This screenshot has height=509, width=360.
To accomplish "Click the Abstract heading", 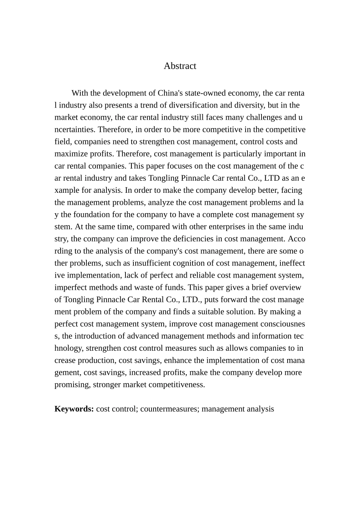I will pyautogui.click(x=180, y=66).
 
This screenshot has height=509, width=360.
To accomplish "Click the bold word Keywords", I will pyautogui.click(x=74, y=409).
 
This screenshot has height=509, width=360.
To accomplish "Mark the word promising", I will pyautogui.click(x=72, y=385).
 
